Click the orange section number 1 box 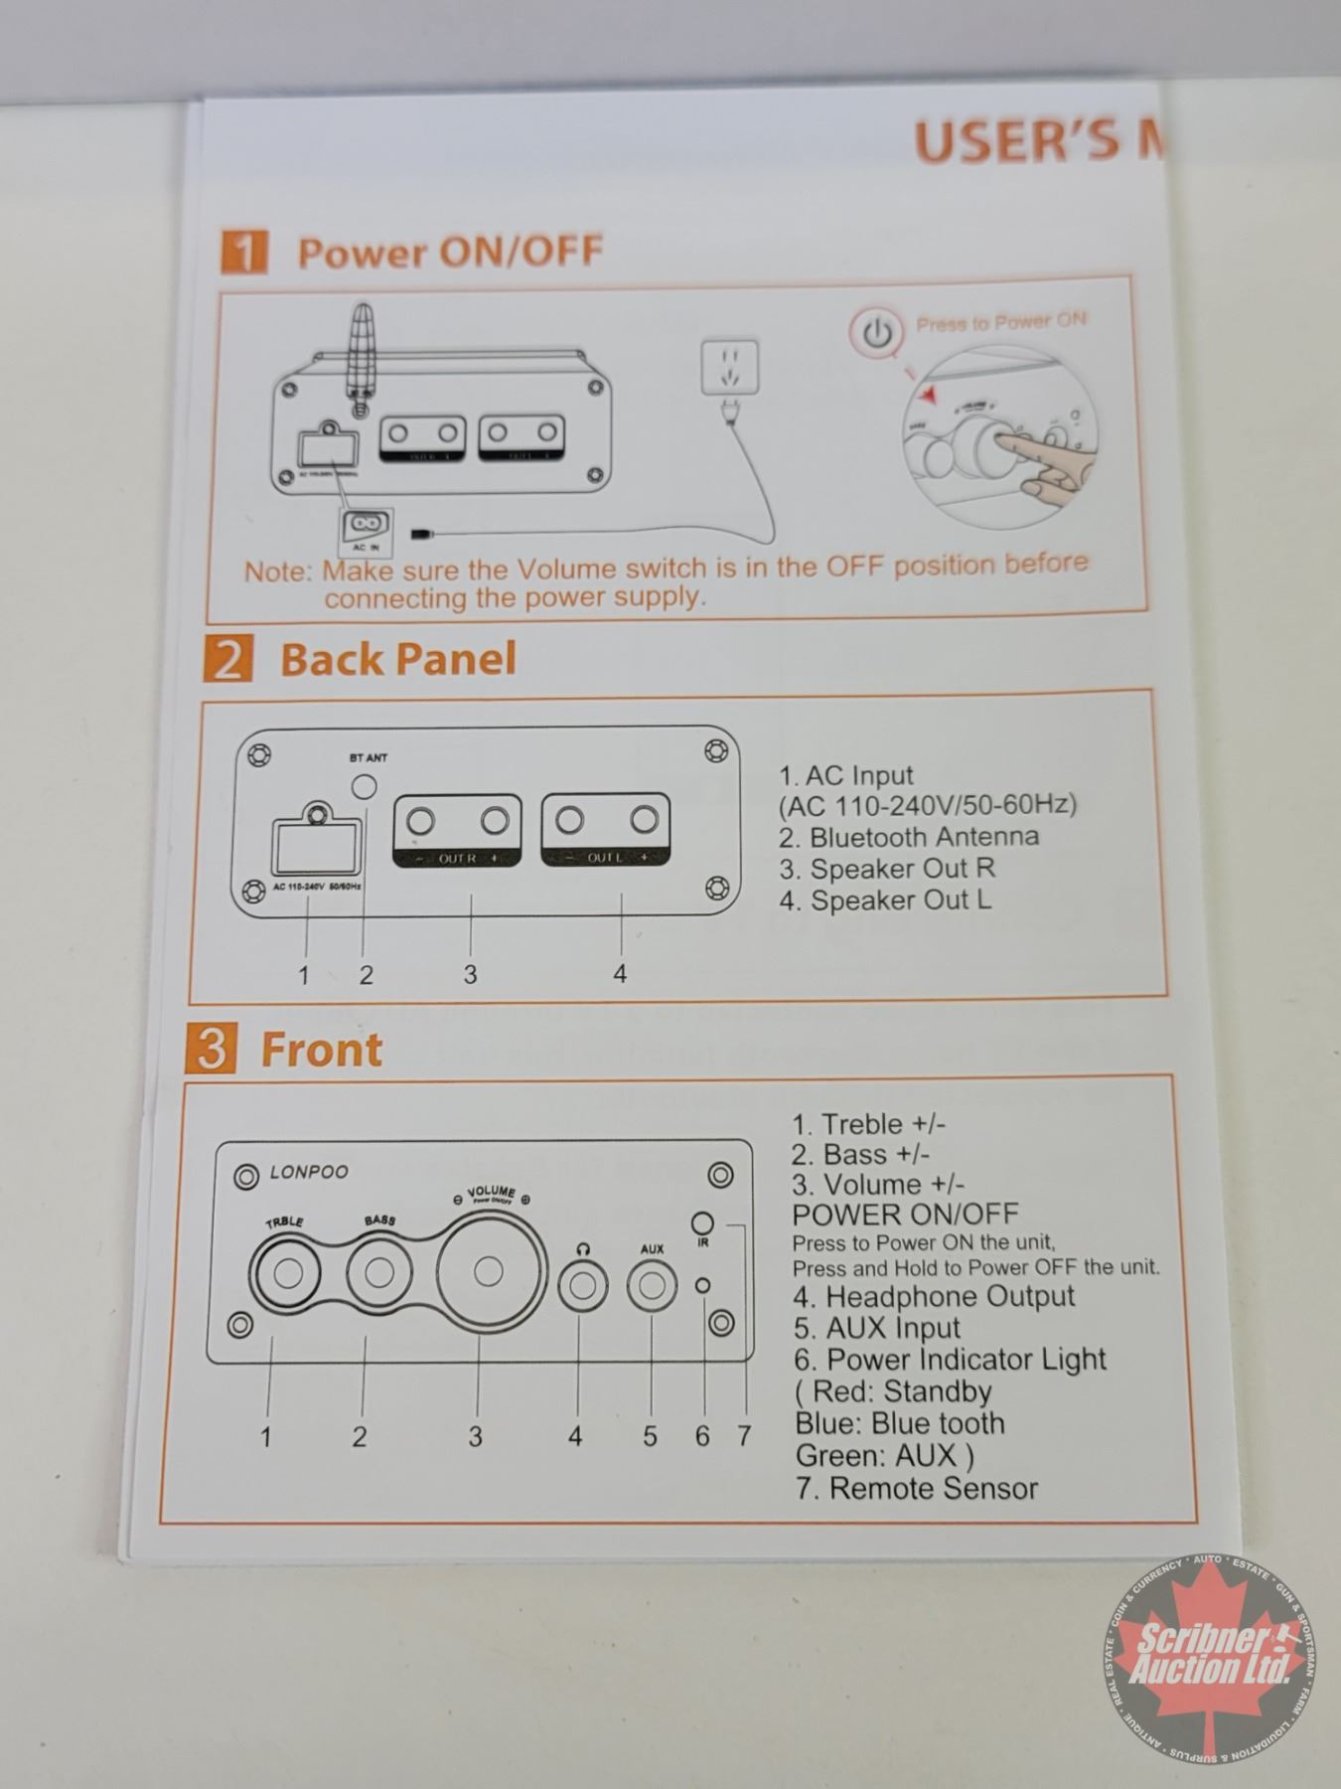243,251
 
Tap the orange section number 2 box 227,658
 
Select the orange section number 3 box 211,1049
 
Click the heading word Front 321,1050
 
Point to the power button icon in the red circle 877,333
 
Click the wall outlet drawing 729,367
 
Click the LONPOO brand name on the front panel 309,1173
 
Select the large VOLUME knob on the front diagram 487,1271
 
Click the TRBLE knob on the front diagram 287,1273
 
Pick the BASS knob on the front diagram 378,1272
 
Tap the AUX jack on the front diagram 652,1286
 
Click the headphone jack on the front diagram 582,1287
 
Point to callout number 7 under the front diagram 743,1436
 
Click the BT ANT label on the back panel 369,757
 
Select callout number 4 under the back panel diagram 620,974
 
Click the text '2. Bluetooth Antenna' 909,837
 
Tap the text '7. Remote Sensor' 916,1488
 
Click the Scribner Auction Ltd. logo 1204,1658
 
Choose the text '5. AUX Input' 877,1328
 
